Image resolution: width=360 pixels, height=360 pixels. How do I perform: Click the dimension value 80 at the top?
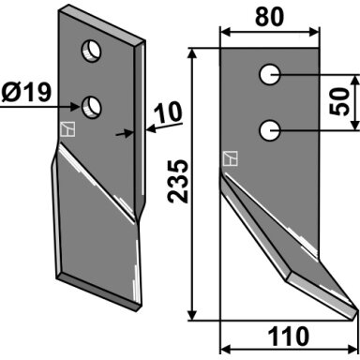point(270,17)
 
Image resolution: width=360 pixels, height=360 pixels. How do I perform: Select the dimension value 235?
point(178,181)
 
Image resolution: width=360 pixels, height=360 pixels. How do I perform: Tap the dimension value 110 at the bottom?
point(289,337)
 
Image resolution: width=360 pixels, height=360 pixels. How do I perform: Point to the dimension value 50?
point(338,101)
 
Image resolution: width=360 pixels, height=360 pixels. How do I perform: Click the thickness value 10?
point(169,112)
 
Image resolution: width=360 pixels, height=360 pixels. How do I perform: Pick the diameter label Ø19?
point(26,93)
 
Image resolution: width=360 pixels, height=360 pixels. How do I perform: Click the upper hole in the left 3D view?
point(91,51)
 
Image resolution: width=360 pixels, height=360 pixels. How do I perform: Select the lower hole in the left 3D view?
point(91,107)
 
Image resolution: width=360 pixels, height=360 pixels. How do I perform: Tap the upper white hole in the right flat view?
point(270,74)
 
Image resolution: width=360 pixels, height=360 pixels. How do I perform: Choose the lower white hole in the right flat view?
point(270,130)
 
